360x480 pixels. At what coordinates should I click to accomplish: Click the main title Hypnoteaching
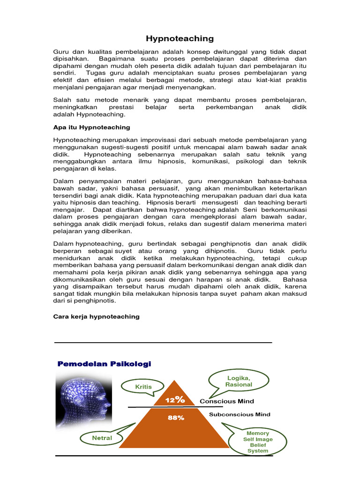(x=180, y=38)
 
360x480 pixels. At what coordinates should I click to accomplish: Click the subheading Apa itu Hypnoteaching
(x=91, y=127)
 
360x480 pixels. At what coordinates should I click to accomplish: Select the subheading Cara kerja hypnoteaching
(x=96, y=316)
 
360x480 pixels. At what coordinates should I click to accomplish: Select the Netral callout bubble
(x=102, y=438)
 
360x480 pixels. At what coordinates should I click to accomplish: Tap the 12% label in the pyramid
(x=174, y=400)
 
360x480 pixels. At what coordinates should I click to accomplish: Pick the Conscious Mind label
(x=227, y=401)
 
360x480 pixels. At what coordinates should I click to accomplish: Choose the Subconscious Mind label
(x=239, y=414)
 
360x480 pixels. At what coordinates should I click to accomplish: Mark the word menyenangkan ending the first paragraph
(x=189, y=87)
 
